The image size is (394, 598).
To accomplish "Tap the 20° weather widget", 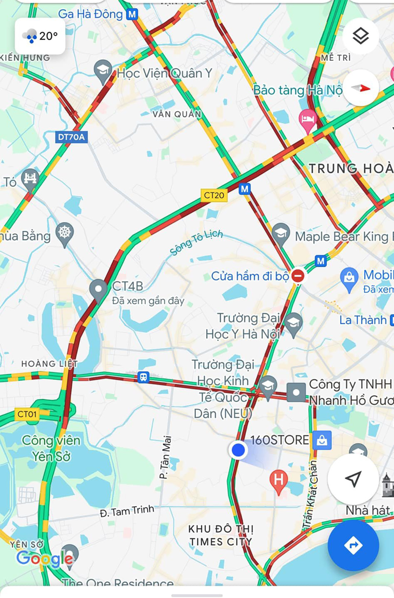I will click(x=40, y=36).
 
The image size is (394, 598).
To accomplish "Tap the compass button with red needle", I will click(x=361, y=88).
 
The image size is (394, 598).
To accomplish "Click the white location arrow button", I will click(x=353, y=479).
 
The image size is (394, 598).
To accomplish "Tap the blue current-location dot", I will click(x=238, y=449).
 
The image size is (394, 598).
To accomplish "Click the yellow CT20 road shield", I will click(x=214, y=195).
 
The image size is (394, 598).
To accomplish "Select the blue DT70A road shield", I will click(x=71, y=137).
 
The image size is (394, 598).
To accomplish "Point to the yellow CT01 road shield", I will click(x=27, y=414).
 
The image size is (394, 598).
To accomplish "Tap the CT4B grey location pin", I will click(x=98, y=289).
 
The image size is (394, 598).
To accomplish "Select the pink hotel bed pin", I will click(x=307, y=119).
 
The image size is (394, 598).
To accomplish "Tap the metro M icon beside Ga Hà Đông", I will click(x=132, y=14).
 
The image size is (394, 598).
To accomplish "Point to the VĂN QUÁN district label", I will click(x=177, y=114).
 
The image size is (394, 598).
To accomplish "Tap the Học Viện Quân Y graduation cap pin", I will click(x=103, y=70).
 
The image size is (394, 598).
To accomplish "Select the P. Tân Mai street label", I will click(x=165, y=457).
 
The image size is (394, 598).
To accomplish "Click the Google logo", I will click(x=45, y=559).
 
